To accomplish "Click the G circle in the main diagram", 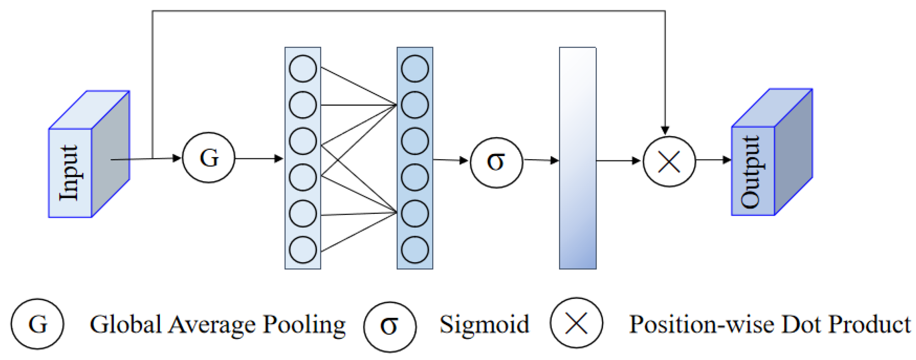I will pos(208,158).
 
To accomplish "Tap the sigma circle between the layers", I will pos(497,163).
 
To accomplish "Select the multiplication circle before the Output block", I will pos(669,161).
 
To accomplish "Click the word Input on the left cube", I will pos(69,173).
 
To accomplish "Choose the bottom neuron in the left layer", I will pos(303,250).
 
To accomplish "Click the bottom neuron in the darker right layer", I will pos(415,250).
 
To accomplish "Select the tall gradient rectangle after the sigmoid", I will pos(578,158).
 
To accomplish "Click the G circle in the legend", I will pos(37,324).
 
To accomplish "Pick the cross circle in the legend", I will pos(576,323).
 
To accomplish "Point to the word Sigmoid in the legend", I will pos(484,325).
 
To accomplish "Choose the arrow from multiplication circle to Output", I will pos(713,160).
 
